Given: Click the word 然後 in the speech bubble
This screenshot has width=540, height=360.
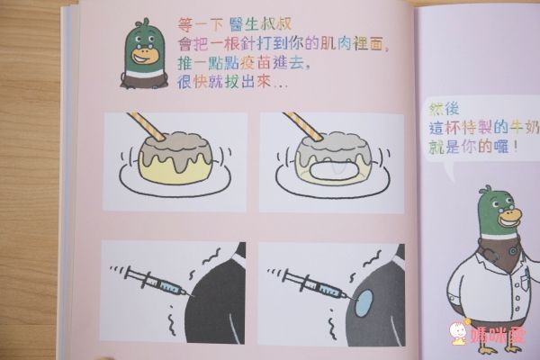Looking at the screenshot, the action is point(444,109).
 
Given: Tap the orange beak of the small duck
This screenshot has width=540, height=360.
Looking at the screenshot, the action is point(146,55).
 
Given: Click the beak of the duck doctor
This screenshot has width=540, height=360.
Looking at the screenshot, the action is point(510,218).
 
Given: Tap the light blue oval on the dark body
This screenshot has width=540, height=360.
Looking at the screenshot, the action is point(364,302).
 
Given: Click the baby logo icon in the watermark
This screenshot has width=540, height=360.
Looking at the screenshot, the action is point(459,332).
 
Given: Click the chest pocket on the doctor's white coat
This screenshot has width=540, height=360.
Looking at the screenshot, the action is point(526,278).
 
